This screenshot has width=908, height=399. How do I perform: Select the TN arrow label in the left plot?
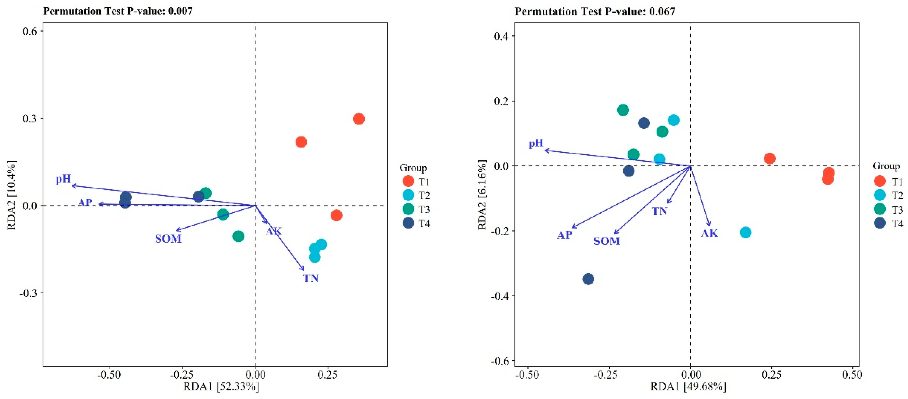coord(311,278)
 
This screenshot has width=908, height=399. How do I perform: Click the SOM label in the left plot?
coord(168,239)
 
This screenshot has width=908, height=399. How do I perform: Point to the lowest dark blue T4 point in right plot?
coord(588,279)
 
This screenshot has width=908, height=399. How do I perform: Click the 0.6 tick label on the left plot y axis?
coord(30,31)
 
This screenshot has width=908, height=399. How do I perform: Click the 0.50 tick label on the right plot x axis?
coord(852,375)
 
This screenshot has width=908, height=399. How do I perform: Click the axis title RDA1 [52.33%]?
coord(221,387)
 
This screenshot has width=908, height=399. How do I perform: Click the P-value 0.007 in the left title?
coord(180,11)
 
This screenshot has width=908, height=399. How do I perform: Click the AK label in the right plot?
coord(709,233)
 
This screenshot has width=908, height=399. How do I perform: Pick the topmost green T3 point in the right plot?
coord(623,110)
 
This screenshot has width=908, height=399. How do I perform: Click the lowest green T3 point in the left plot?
coord(238,236)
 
